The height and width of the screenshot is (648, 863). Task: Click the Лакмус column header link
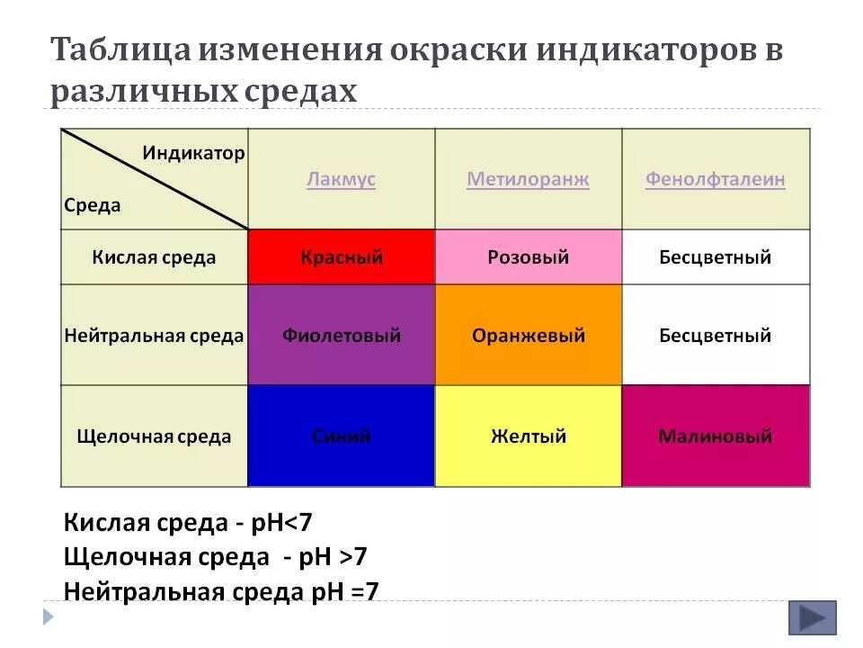point(341,179)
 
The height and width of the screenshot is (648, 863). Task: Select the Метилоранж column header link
point(528,179)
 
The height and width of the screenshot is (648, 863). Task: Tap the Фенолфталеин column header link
point(715,179)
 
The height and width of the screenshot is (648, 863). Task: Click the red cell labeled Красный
point(342,257)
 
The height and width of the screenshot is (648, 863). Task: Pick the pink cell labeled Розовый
point(528,257)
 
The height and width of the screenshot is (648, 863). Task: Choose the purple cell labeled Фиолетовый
point(342,336)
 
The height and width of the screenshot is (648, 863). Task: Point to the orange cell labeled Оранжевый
point(528,336)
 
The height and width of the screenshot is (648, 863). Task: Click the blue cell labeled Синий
point(342,436)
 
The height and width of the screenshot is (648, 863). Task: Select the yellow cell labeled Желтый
point(528,436)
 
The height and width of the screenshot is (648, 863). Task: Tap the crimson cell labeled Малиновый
point(715,436)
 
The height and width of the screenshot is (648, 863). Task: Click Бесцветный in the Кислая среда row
point(715,257)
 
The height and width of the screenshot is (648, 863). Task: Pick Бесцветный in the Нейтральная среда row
point(715,336)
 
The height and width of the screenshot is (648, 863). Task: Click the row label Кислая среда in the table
point(154,257)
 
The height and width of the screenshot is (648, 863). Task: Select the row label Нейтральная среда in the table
point(154,336)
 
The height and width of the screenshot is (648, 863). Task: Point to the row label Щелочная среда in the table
point(154,436)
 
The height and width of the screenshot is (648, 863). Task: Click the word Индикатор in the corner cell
point(192,152)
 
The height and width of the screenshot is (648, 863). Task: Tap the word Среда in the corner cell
point(92,205)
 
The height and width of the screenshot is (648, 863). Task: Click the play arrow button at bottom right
point(812,618)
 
